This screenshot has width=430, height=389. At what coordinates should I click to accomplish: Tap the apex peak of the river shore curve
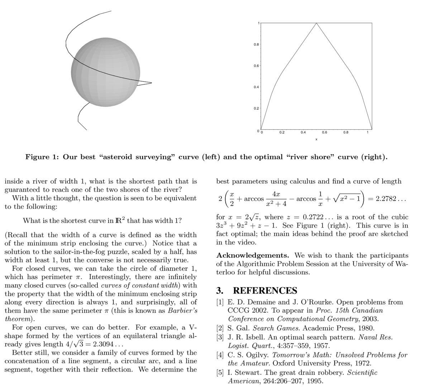point(316,23)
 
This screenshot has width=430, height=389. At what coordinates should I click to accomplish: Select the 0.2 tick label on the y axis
point(256,108)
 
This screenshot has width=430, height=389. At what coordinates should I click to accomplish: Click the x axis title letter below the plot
point(316,139)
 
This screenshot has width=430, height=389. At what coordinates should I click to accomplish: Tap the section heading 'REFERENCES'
point(265,290)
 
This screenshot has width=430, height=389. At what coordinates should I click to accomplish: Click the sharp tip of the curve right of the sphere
point(151,83)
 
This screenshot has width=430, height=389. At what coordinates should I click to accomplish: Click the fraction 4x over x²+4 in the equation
point(276,199)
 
